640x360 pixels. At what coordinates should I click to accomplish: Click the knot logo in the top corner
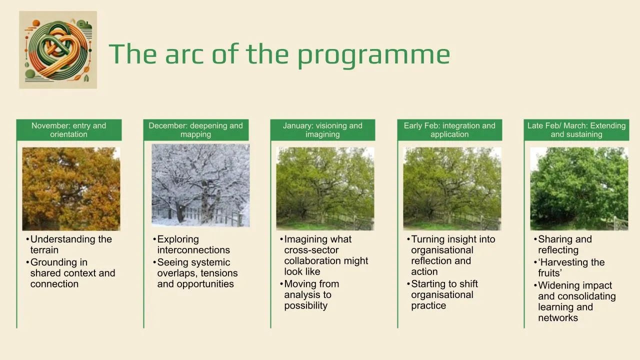tap(58, 50)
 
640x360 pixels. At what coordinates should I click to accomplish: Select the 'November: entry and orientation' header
tap(69, 130)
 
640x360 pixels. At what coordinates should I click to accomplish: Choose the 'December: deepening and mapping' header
tap(195, 130)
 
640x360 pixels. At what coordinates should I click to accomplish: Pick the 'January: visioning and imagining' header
tap(322, 130)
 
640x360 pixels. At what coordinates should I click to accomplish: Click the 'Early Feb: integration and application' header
tap(449, 130)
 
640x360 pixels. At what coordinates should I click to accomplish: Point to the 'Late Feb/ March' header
tap(576, 130)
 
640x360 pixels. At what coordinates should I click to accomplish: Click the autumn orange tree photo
tap(71, 189)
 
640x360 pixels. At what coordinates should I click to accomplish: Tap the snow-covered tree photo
tap(200, 185)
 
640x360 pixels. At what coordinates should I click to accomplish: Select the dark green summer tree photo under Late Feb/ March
tap(579, 189)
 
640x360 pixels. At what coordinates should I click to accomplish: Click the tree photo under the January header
tap(325, 189)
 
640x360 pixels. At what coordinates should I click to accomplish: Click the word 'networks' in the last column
tap(558, 317)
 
